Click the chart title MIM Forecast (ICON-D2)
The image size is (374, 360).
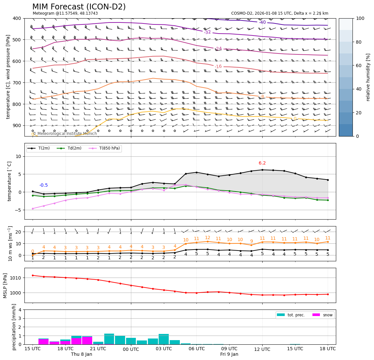point(79,7)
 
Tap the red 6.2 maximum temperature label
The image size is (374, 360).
point(262,163)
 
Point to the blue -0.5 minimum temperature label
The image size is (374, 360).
point(44,185)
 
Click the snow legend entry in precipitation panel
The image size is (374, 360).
point(328,315)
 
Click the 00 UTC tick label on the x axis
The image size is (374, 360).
point(131,349)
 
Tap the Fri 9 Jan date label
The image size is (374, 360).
point(229,354)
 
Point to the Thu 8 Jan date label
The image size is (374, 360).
point(81,354)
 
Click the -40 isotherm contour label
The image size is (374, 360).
point(262,22)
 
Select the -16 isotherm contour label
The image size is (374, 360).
point(218,66)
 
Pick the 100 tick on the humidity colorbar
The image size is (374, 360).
point(360,18)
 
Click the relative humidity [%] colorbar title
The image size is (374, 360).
point(368,77)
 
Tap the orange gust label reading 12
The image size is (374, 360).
point(208,238)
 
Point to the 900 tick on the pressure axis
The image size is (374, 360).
point(16,125)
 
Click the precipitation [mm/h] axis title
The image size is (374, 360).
point(14,327)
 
